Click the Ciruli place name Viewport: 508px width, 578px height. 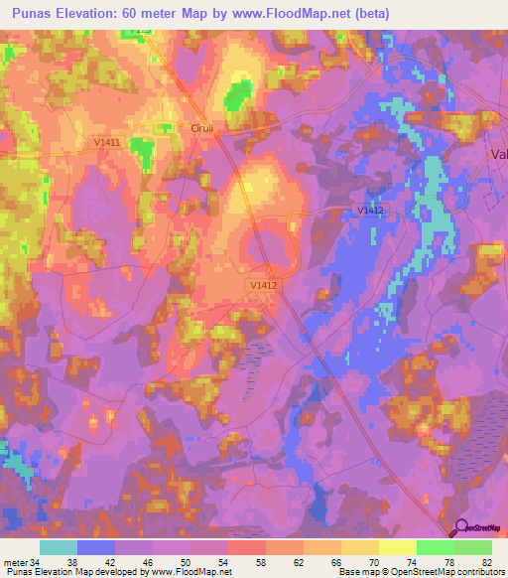click(202, 128)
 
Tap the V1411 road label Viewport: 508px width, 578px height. click(107, 144)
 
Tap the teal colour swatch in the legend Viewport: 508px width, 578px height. click(59, 547)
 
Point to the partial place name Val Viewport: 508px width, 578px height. click(499, 154)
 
